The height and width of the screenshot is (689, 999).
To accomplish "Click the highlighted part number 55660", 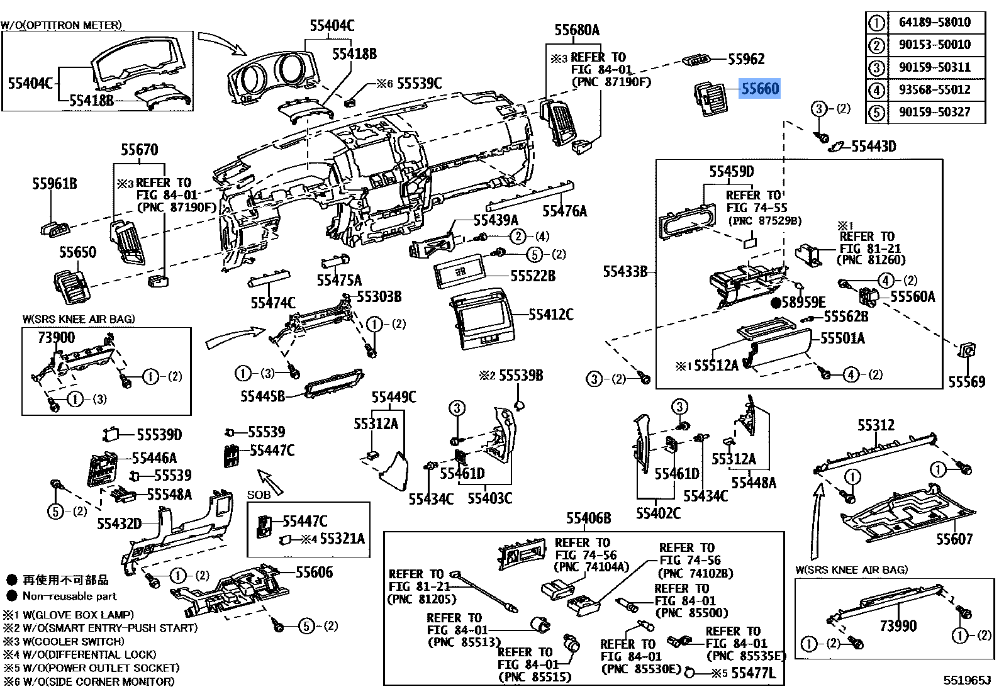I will tap(760, 89).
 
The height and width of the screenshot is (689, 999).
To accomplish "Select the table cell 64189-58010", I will tap(934, 23).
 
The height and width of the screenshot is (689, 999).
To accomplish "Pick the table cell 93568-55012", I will tap(934, 90).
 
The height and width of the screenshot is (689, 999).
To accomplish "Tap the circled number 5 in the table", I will tap(876, 113).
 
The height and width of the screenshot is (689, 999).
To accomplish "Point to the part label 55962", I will tap(746, 59).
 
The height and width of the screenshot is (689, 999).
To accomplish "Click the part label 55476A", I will tap(564, 211).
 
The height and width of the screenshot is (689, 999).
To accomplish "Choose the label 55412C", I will tap(550, 315).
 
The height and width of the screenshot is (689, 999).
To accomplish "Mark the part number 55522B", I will tap(533, 276).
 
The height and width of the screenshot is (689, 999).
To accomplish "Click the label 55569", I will tap(966, 382).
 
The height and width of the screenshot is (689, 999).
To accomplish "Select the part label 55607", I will tap(954, 539).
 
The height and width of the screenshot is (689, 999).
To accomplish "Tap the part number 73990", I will tap(898, 626).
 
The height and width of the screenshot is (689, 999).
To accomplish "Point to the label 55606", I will tap(314, 573).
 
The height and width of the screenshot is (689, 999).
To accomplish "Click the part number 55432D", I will tap(119, 524).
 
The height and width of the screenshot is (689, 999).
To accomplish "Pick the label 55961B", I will tap(55, 184).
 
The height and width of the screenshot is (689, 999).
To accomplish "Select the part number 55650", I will tap(77, 252).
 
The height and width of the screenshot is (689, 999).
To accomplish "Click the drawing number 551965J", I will tap(967, 680).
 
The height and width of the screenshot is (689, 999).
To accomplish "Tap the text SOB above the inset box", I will tap(259, 495).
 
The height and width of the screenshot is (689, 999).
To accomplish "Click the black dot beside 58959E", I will tap(776, 303).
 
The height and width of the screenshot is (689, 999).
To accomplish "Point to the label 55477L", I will tap(753, 673).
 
